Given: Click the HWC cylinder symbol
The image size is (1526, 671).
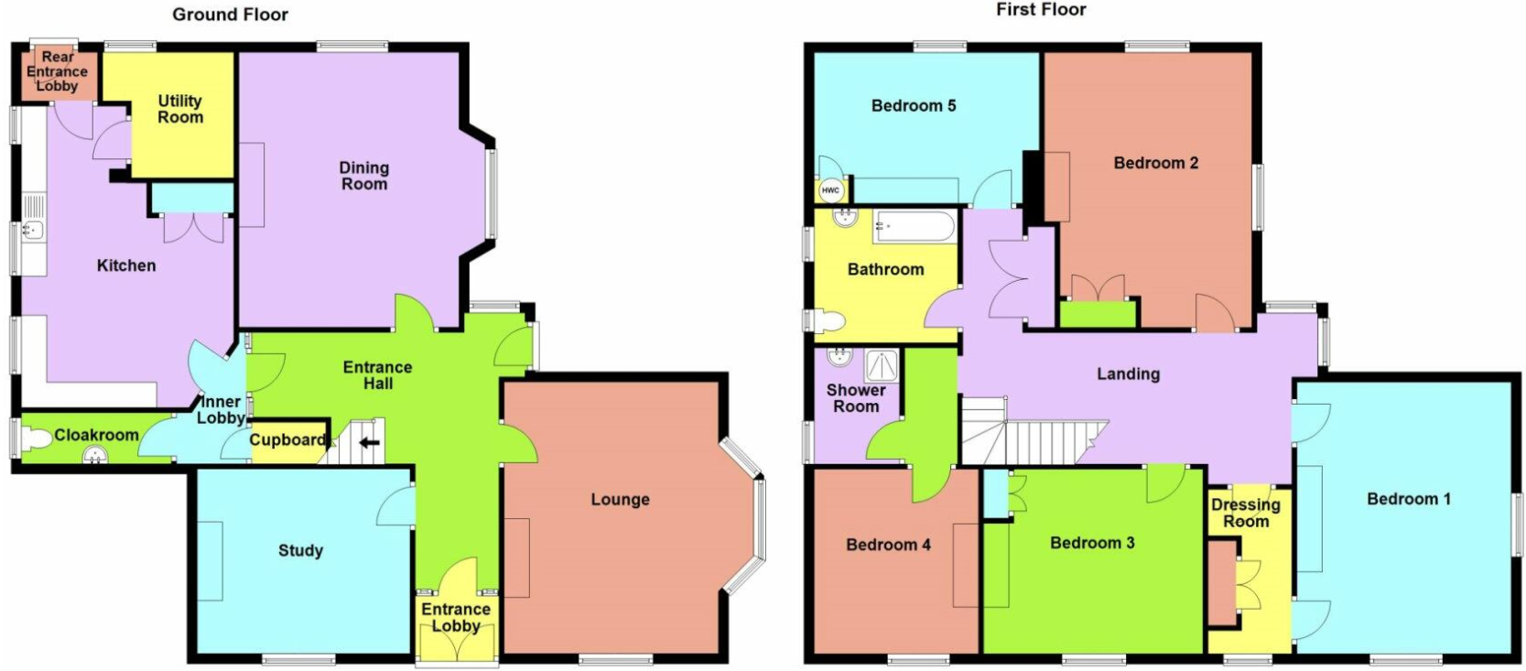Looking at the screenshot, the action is [830, 190].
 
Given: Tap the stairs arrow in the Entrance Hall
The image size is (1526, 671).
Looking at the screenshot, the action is [369, 443].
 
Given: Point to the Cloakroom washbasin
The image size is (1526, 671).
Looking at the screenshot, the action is [95, 455].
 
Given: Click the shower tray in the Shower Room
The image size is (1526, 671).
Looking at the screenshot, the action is [882, 366].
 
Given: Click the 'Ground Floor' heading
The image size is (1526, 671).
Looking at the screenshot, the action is [231, 15].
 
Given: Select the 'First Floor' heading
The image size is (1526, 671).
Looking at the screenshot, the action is [1041, 9].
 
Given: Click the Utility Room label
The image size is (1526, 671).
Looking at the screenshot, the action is [179, 109].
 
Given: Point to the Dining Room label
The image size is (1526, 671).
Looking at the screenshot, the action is [363, 176].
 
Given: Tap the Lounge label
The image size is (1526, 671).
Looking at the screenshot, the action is [620, 499].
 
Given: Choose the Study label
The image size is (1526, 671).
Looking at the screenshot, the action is [300, 550].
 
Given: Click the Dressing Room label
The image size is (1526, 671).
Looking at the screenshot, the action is [1246, 513].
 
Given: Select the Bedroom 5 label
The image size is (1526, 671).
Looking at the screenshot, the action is [914, 105].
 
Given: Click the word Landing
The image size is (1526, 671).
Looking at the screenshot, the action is [1128, 374].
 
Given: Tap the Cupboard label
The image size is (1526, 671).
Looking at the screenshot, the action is [287, 440].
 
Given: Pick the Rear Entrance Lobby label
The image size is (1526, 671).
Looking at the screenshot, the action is [58, 71].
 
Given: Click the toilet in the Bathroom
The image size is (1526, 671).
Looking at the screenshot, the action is [828, 321].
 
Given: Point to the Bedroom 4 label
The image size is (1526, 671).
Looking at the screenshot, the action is [888, 545].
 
